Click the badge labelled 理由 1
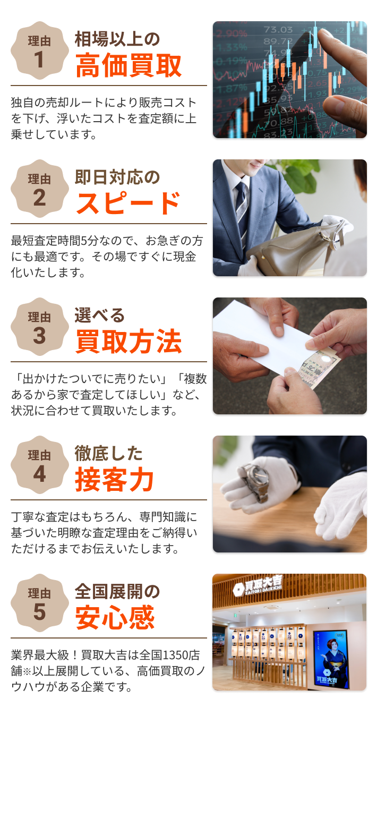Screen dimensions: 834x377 pyautogui.click(x=40, y=50)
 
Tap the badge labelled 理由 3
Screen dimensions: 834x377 pyautogui.click(x=40, y=327)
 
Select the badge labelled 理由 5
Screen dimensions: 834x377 pyautogui.click(x=40, y=603)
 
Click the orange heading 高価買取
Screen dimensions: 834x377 pyautogui.click(x=128, y=66)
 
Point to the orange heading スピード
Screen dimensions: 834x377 pyautogui.click(x=128, y=203)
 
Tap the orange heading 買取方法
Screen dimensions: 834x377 pyautogui.click(x=128, y=342)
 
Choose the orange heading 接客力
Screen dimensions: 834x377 pyautogui.click(x=114, y=480)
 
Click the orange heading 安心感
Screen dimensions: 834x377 pyautogui.click(x=115, y=618)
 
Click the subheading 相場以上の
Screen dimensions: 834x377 pyautogui.click(x=117, y=39)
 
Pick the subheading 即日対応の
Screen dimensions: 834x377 pyautogui.click(x=117, y=177)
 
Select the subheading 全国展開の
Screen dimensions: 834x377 pyautogui.click(x=117, y=591)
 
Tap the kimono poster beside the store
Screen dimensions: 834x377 pyautogui.click(x=330, y=659)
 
